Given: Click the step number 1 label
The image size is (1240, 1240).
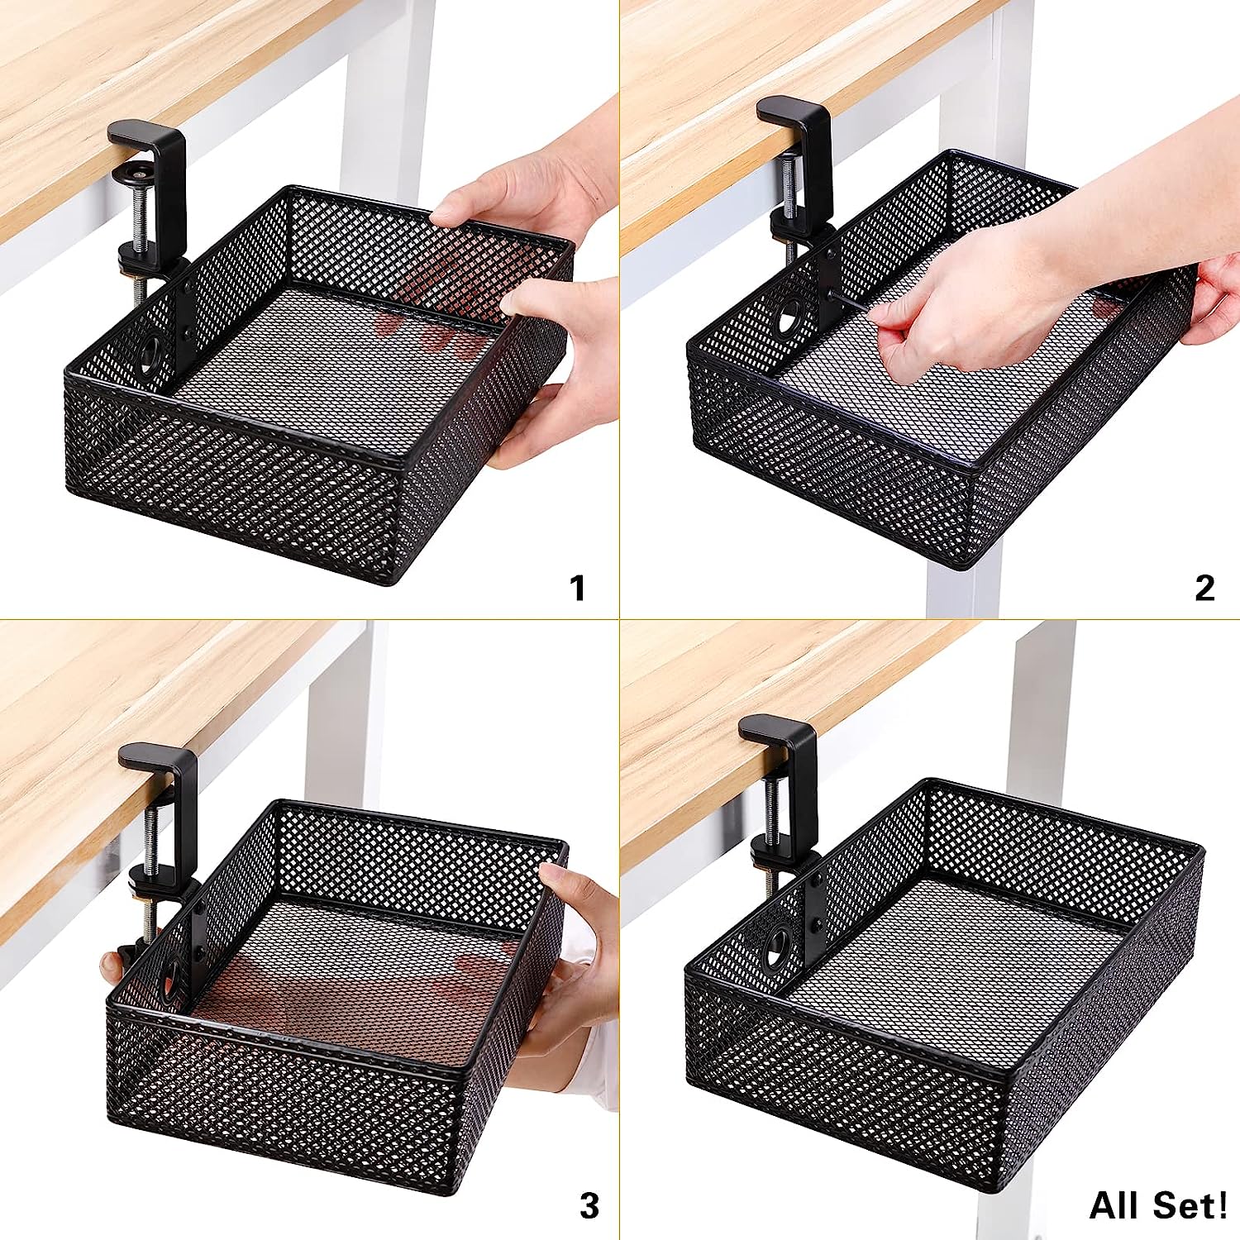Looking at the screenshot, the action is point(579,589).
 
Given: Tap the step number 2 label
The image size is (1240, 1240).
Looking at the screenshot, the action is point(1205,588).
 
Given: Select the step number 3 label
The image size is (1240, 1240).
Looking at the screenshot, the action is point(589,1206).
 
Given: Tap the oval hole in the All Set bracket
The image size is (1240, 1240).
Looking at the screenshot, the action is point(778,946).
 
